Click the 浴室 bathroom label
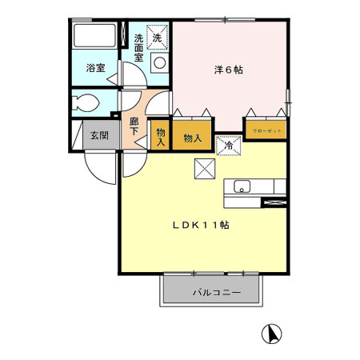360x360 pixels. point(95,69)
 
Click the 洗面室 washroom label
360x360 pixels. point(138,48)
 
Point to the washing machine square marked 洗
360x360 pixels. point(158,37)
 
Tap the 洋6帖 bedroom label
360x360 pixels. point(230,70)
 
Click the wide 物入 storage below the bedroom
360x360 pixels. point(193,138)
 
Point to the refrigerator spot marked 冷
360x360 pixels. point(228,144)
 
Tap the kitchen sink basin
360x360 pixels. point(242,188)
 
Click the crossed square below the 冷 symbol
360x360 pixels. point(204,168)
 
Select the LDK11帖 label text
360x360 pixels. point(201,226)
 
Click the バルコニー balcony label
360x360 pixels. point(212,293)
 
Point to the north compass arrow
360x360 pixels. point(271,334)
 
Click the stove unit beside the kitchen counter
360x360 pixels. point(273,202)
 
